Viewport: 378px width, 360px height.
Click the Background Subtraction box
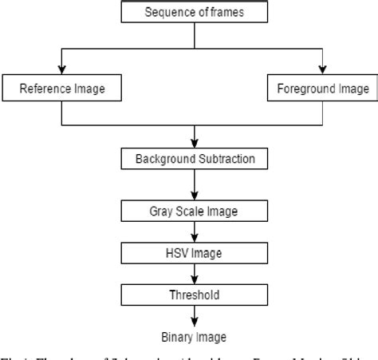click(195, 158)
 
